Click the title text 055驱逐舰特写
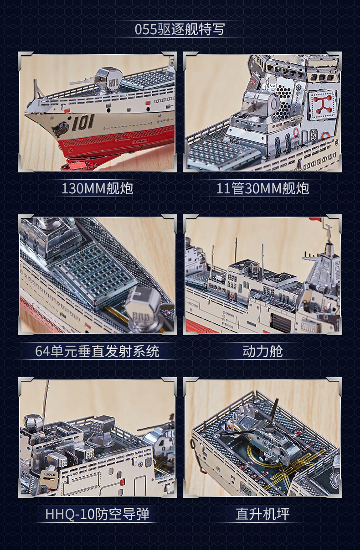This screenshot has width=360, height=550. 180,30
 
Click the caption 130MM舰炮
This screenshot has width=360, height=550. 97,188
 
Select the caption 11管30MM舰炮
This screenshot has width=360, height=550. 262,188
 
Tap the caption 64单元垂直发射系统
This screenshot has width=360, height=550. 97,351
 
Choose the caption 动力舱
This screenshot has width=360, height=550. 262,351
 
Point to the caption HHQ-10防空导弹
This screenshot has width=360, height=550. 97,514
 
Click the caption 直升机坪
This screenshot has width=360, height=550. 262,514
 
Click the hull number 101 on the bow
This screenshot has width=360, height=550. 82,123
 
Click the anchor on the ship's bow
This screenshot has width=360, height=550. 60,130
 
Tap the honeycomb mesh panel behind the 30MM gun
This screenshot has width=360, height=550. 281,103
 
